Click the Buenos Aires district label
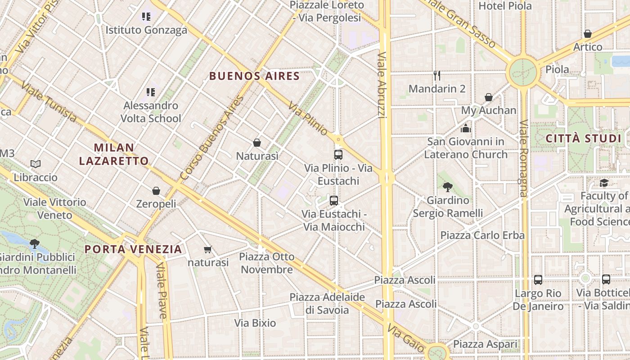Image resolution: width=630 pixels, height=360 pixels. (x=254, y=76)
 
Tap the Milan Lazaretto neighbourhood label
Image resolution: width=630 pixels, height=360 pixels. (x=114, y=154)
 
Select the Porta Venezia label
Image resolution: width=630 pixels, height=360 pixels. (x=133, y=249)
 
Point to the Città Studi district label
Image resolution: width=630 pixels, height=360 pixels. (x=583, y=139)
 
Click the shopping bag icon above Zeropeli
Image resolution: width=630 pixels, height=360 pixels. (x=156, y=191)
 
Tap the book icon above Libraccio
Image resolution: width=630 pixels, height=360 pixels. (x=36, y=164)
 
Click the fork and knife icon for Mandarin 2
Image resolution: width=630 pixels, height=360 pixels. (x=436, y=76)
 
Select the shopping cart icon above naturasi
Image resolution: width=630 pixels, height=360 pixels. (x=207, y=249)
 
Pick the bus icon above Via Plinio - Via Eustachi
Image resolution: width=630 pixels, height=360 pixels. (x=338, y=155)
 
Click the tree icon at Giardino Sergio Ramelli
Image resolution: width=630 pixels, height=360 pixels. (x=447, y=187)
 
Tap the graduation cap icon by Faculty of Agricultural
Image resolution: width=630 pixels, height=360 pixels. (x=604, y=183)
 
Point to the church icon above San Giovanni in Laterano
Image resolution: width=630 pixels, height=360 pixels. (x=466, y=129)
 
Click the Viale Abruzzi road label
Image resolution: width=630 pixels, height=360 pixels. (x=382, y=85)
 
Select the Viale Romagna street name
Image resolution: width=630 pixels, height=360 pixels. (x=523, y=158)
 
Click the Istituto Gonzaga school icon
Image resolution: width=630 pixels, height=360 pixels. (x=146, y=17)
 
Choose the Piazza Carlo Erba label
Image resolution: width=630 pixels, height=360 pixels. (x=482, y=235)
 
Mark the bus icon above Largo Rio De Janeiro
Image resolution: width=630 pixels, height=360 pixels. (x=538, y=280)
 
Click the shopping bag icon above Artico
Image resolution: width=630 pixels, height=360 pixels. (x=588, y=34)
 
